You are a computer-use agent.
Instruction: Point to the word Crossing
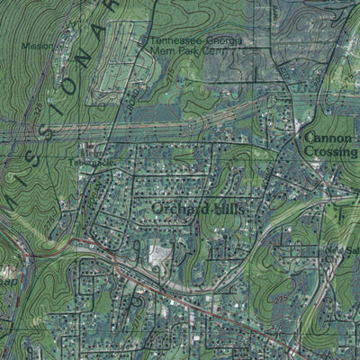330,152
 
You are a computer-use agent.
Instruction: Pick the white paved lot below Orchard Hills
160,254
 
